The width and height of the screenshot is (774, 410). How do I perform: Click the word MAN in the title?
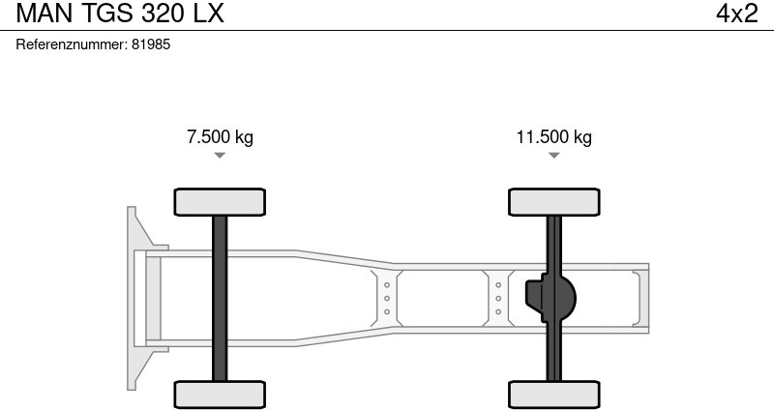tap(44, 14)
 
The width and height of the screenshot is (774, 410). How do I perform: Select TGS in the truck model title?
tap(105, 14)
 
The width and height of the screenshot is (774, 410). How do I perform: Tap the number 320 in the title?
tap(163, 14)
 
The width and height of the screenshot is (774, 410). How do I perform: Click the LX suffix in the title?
tap(208, 14)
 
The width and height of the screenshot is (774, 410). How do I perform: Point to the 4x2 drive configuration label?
tap(736, 14)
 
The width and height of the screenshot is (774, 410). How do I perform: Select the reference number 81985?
tap(151, 44)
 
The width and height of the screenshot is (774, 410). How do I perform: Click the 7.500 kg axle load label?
tap(220, 136)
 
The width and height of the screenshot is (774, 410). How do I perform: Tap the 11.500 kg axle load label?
tap(553, 136)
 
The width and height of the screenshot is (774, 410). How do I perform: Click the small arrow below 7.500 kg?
tap(220, 156)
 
